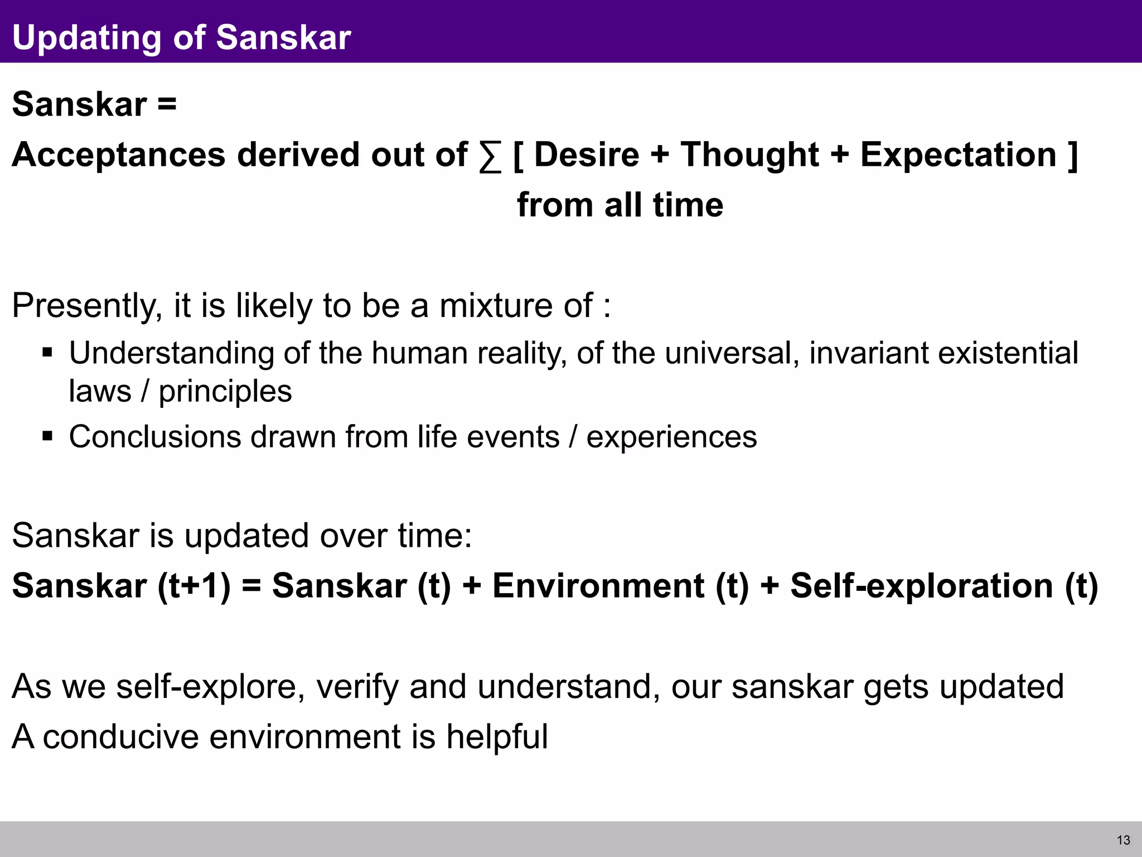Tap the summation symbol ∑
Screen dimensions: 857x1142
tap(490, 156)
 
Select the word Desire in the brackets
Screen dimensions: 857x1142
tap(586, 155)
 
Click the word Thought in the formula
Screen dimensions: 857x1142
tap(749, 155)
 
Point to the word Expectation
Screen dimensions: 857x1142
tap(958, 155)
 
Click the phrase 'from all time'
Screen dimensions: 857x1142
tap(620, 205)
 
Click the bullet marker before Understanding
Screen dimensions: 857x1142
tap(47, 353)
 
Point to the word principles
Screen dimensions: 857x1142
tap(225, 391)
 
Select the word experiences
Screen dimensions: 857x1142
tap(671, 436)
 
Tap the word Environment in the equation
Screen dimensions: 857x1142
tap(598, 586)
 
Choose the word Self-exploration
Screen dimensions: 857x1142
tap(921, 586)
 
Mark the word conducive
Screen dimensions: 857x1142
tap(120, 736)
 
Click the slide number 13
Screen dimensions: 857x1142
tap(1123, 840)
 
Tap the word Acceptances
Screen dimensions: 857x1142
tap(118, 155)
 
